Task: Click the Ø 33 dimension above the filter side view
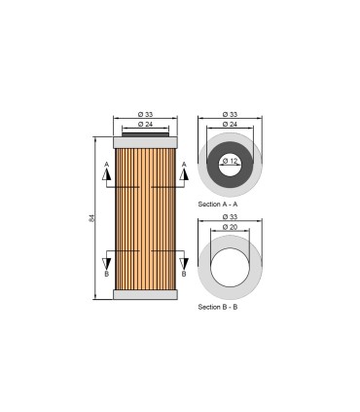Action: click(x=146, y=115)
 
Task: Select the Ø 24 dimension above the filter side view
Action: click(x=146, y=125)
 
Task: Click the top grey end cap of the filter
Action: click(x=146, y=141)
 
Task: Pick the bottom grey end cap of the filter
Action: click(x=146, y=294)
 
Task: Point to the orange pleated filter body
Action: click(x=146, y=218)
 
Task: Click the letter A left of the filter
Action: click(x=108, y=164)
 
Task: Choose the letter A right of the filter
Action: click(x=184, y=164)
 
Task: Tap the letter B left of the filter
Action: click(x=108, y=274)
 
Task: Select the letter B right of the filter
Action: click(x=184, y=274)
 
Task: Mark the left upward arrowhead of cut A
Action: click(x=108, y=175)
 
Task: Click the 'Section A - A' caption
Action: click(x=218, y=206)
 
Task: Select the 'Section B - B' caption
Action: click(x=218, y=307)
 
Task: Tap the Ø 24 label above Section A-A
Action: click(x=230, y=125)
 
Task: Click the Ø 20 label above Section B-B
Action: click(x=230, y=226)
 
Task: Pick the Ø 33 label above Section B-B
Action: click(x=230, y=216)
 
